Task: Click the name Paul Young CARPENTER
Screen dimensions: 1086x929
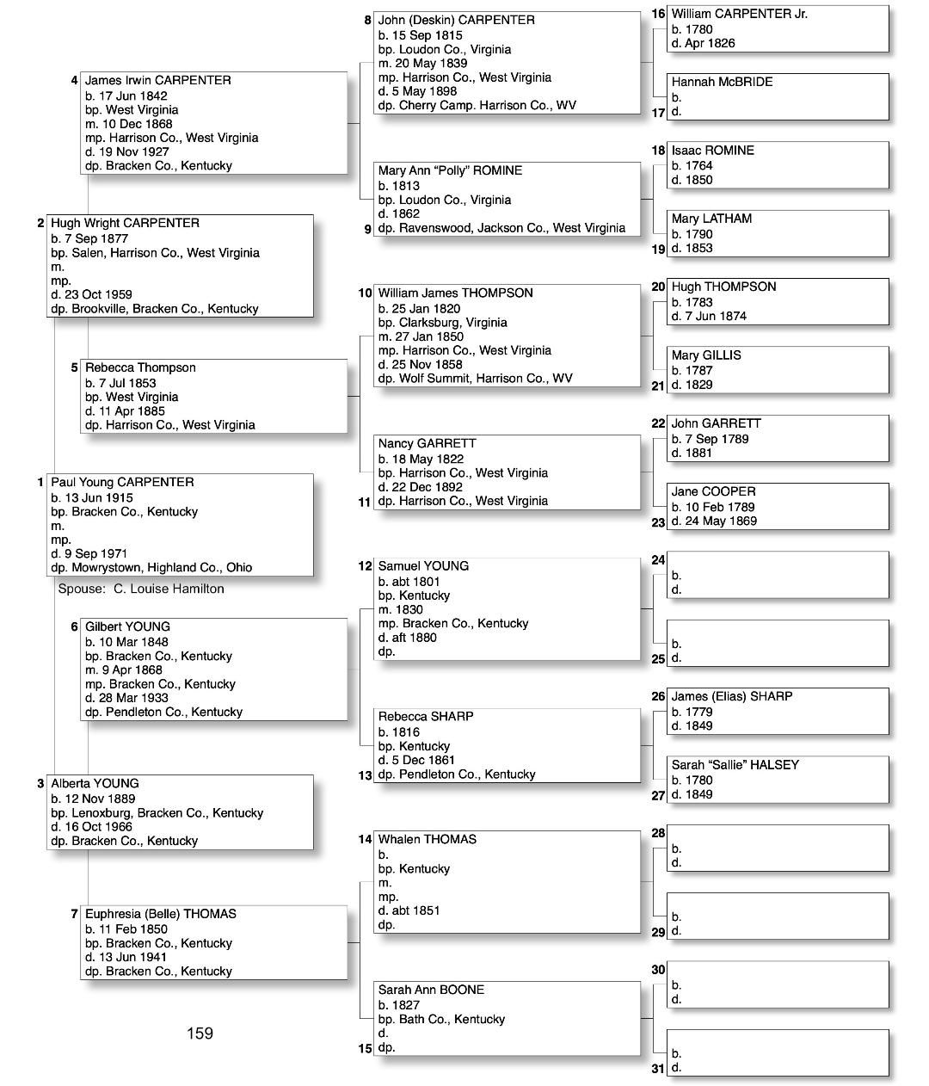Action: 122,482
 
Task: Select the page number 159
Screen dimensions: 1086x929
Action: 200,1033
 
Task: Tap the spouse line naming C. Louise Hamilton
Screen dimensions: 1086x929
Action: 141,589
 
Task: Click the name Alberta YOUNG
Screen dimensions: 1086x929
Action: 95,783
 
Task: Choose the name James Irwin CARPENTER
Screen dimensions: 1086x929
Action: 157,80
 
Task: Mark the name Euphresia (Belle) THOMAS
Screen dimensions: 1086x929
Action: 160,914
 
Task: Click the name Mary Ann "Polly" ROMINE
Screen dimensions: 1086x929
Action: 450,170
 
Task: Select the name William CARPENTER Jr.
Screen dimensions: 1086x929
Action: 739,14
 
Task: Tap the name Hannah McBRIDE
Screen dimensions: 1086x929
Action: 722,82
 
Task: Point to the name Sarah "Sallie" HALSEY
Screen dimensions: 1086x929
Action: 735,764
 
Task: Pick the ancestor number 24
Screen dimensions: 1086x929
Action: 658,560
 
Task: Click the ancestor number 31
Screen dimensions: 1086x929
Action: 658,1069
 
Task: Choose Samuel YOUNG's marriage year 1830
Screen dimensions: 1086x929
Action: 410,609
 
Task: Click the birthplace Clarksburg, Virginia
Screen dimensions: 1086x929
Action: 452,323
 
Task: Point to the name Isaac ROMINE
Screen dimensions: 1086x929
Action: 712,150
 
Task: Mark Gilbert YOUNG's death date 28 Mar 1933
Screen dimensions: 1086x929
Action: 135,698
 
